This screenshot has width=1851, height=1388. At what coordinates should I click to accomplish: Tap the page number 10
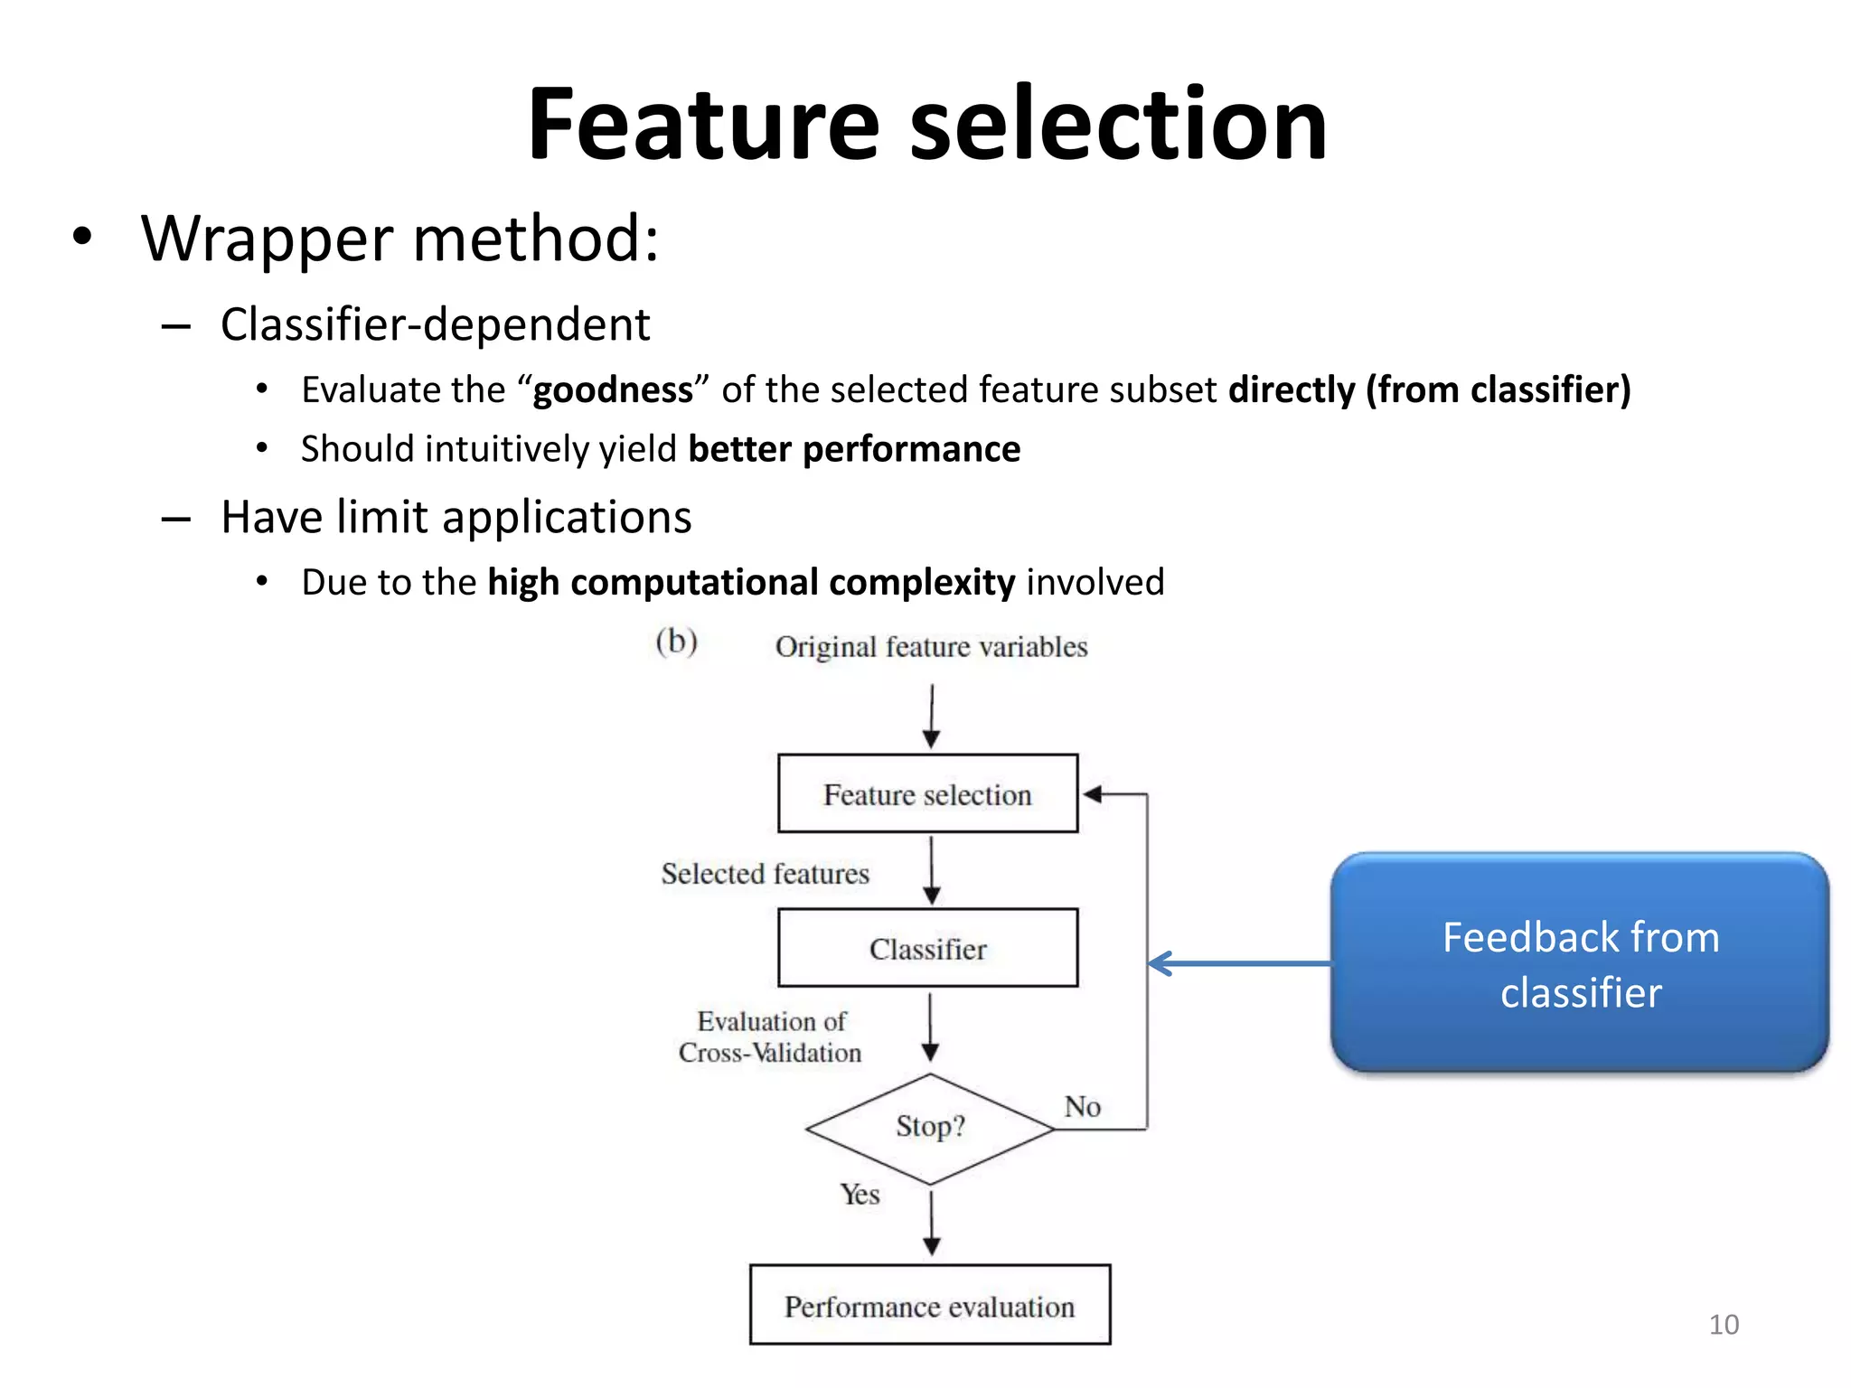tap(1724, 1325)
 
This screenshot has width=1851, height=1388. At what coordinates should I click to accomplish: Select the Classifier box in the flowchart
tap(928, 948)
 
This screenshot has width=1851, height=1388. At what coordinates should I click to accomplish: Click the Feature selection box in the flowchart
tap(928, 794)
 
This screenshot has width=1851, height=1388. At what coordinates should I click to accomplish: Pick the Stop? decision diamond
tap(930, 1128)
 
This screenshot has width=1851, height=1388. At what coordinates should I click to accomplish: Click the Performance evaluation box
tap(929, 1306)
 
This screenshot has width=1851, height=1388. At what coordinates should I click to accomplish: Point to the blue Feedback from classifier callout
tap(1580, 963)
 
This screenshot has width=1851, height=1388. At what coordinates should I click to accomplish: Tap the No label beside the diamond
tap(1082, 1107)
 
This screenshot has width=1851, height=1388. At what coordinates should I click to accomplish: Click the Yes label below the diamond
tap(860, 1195)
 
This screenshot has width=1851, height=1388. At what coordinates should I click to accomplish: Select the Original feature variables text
tap(931, 647)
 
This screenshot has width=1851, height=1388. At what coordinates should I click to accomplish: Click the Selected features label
tap(765, 874)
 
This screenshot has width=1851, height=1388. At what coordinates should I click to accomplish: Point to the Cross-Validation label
tap(770, 1053)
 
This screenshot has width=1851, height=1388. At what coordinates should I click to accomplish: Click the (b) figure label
tap(676, 642)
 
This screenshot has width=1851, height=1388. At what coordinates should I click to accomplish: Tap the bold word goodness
tap(613, 390)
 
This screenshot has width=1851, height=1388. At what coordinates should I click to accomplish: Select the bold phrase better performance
tap(854, 449)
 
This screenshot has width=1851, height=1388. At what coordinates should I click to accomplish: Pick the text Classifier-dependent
tap(435, 324)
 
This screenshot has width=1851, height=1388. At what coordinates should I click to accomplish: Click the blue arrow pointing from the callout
tap(1238, 963)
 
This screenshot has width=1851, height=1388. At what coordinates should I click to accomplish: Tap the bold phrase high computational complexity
tap(751, 583)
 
